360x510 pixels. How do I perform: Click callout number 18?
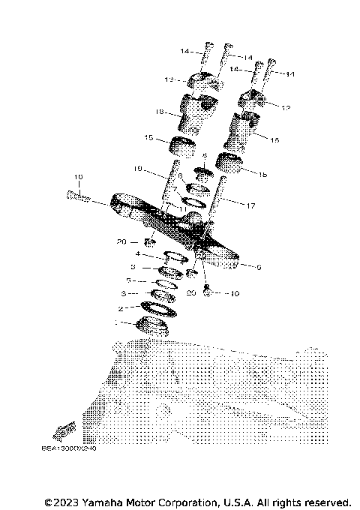coord(159,112)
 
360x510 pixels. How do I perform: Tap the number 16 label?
coord(274,140)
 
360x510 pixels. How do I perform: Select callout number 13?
coord(169,79)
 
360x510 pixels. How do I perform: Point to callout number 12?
coord(285,107)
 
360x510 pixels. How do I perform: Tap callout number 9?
coord(258,266)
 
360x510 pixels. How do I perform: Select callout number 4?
coord(137,253)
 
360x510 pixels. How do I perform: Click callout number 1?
coord(115,322)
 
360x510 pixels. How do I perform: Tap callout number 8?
coord(203,156)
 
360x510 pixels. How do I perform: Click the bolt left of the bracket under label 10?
coord(78,198)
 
